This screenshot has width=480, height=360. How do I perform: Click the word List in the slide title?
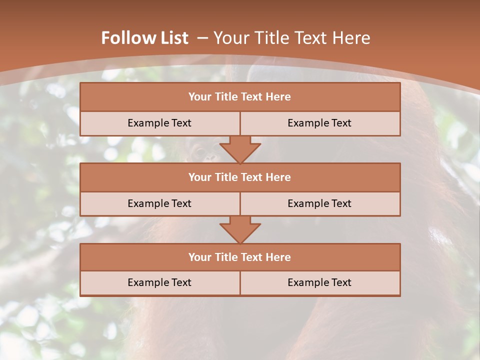[171, 38]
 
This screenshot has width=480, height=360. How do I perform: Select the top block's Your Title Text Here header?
[239, 97]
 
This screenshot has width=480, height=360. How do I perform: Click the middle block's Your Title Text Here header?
[239, 177]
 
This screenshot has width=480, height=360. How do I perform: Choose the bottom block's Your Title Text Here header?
[239, 257]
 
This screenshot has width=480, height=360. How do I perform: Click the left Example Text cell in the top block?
[159, 123]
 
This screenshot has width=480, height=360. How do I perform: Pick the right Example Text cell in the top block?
[319, 123]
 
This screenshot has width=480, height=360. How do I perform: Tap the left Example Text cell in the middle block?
[159, 204]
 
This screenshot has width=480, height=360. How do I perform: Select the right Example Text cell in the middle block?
[319, 204]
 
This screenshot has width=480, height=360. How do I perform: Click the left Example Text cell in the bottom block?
[159, 283]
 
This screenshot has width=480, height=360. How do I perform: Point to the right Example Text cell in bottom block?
[319, 283]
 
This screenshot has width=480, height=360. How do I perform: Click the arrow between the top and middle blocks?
[240, 149]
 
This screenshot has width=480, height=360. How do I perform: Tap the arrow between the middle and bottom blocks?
[240, 229]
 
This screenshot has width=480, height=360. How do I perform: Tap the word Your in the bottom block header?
[200, 257]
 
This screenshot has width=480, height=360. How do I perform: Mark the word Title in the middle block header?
[225, 177]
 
